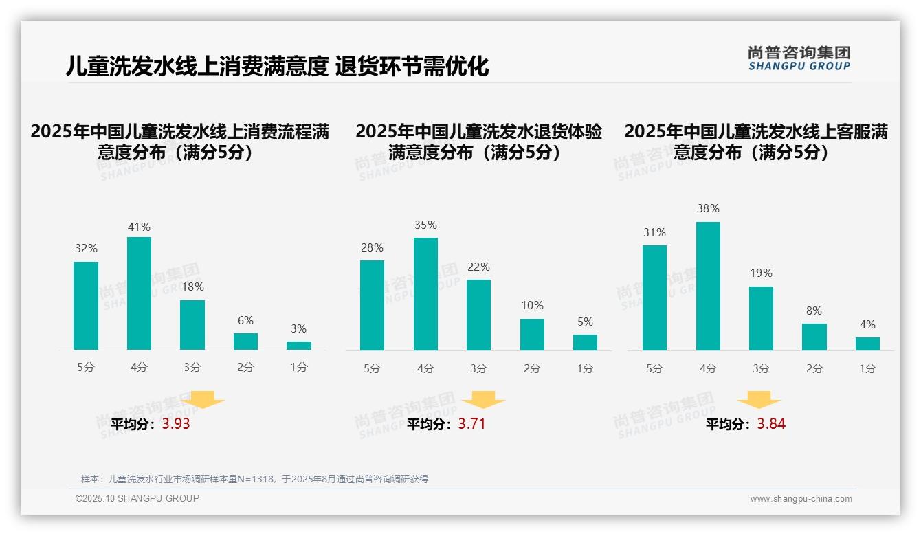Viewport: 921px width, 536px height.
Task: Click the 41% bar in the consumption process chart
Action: tap(139, 293)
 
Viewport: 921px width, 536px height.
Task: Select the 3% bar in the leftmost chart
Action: tap(299, 346)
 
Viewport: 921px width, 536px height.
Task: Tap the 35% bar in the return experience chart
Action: tap(425, 294)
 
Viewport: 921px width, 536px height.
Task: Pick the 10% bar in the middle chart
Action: tap(532, 335)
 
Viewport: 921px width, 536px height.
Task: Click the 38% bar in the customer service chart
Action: tap(708, 286)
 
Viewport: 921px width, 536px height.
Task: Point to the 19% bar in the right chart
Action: tap(761, 318)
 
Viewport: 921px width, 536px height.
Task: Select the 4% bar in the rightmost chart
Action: tap(867, 344)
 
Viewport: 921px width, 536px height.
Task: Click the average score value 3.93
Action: tap(176, 424)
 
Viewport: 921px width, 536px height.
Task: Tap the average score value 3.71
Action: tap(471, 424)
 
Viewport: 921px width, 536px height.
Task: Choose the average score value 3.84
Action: tap(771, 424)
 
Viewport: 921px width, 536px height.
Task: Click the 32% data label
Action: tap(86, 249)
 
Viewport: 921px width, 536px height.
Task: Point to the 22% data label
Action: tap(478, 267)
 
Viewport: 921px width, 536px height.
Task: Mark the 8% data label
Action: tap(814, 311)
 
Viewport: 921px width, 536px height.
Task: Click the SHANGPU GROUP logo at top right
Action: tap(799, 58)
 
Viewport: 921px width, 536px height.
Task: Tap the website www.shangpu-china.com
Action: tap(801, 499)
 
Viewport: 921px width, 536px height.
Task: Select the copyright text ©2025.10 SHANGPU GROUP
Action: tap(137, 498)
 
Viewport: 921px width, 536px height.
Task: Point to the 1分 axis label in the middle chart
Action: tap(585, 368)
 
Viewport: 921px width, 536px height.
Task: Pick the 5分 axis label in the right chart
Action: tap(654, 368)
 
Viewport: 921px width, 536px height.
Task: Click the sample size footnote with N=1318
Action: tap(254, 479)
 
